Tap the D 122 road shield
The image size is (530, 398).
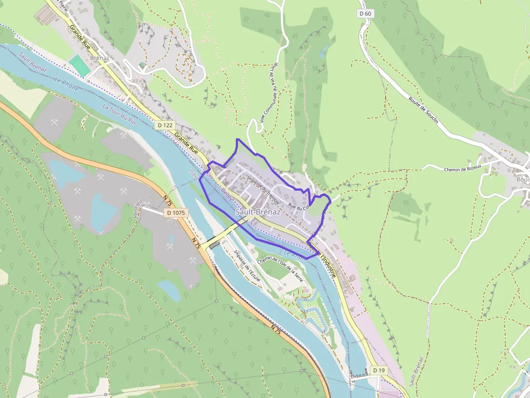[x=166, y=125]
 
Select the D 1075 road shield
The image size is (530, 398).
[x=176, y=213]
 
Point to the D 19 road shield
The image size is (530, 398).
[x=378, y=370]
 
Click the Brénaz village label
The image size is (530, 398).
[x=100, y=58]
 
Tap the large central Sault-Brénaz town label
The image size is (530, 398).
[x=258, y=212]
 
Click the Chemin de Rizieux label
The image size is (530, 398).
[x=462, y=169]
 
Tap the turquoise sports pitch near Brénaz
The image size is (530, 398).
[x=79, y=65]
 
